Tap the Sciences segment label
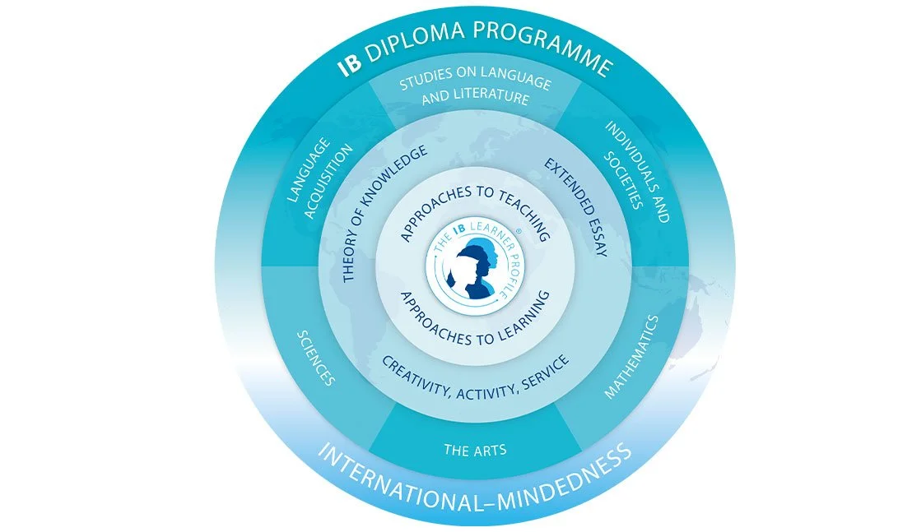tap(315, 359)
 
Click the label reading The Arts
tap(475, 450)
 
